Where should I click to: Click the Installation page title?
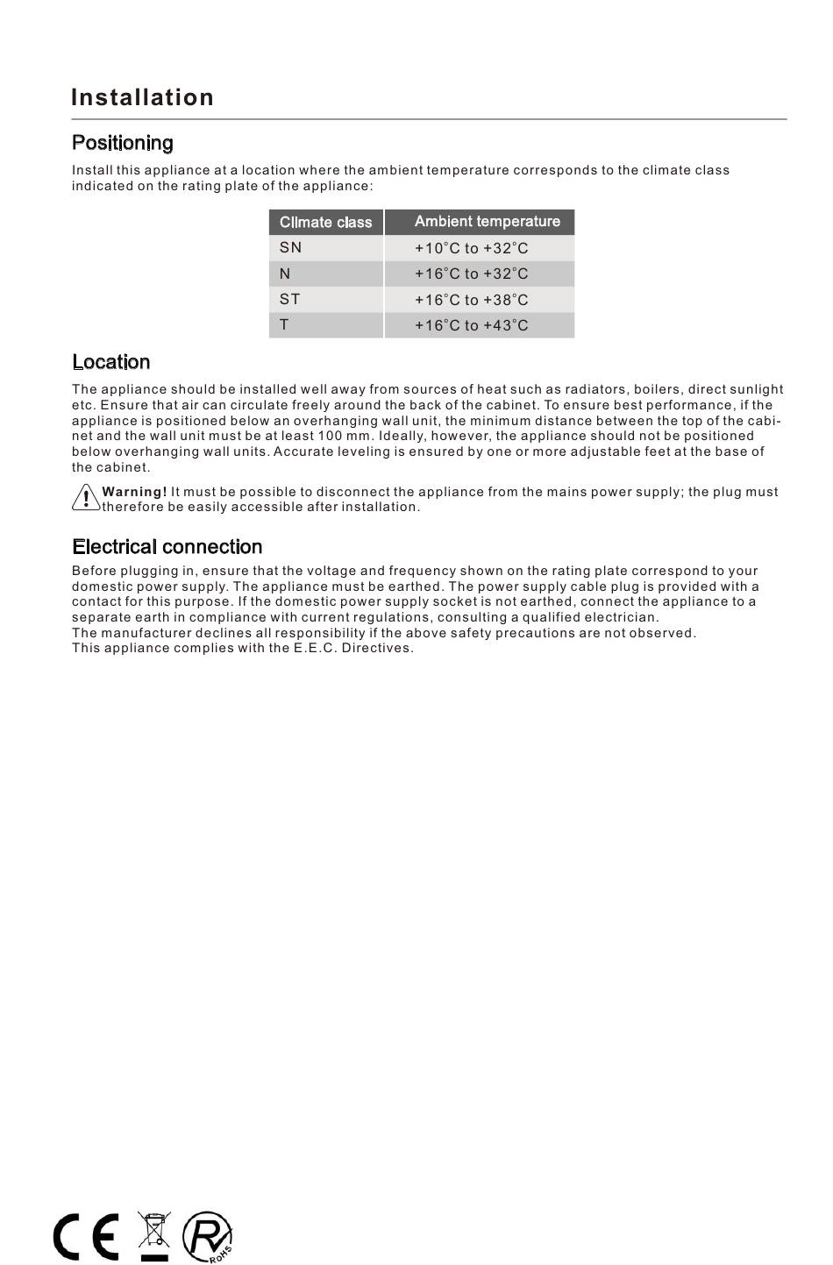pyautogui.click(x=142, y=97)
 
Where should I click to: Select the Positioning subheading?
pyautogui.click(x=123, y=143)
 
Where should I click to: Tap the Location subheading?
pyautogui.click(x=110, y=362)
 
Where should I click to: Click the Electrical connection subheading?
pyautogui.click(x=167, y=547)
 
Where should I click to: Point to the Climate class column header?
pyautogui.click(x=325, y=222)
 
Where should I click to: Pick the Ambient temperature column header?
pyautogui.click(x=487, y=222)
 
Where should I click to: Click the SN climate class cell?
pyautogui.click(x=290, y=248)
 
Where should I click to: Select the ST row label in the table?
pyautogui.click(x=289, y=299)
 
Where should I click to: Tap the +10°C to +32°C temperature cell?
pyautogui.click(x=471, y=248)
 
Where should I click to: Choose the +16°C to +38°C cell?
pyautogui.click(x=471, y=300)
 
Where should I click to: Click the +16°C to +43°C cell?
pyautogui.click(x=471, y=325)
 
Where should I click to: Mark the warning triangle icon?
pyautogui.click(x=85, y=498)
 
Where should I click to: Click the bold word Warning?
pyautogui.click(x=134, y=492)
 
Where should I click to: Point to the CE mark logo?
pyautogui.click(x=86, y=1237)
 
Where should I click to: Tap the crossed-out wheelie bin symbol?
pyautogui.click(x=154, y=1235)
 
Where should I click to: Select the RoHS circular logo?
pyautogui.click(x=208, y=1237)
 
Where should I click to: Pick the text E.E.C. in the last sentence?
pyautogui.click(x=315, y=648)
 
